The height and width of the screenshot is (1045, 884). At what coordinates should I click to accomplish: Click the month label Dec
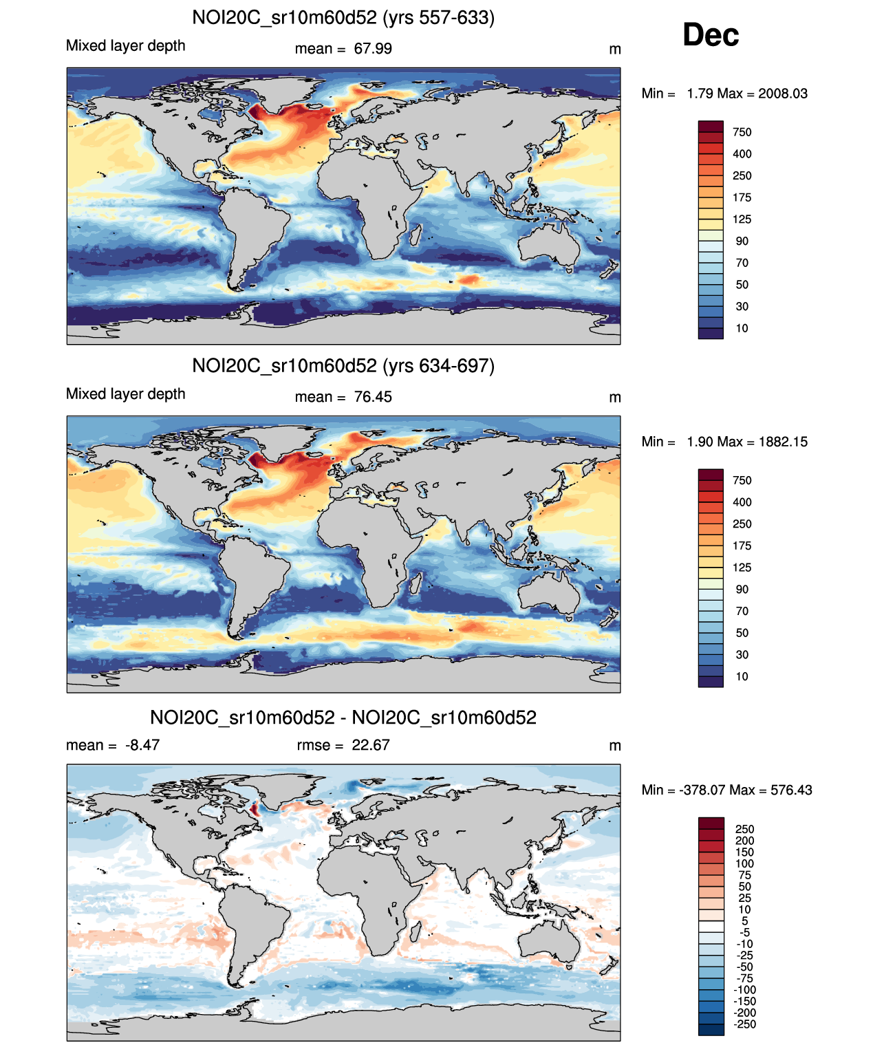click(711, 35)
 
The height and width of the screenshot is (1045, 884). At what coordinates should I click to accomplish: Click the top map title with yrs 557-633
click(343, 17)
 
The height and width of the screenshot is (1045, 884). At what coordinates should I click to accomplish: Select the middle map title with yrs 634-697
click(343, 365)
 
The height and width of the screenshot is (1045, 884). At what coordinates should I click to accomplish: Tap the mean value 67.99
click(373, 49)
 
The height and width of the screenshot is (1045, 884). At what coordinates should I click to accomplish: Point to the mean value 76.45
click(373, 397)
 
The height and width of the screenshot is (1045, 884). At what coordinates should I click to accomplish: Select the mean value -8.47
click(142, 745)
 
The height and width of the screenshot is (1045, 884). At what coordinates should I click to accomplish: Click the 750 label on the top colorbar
click(742, 132)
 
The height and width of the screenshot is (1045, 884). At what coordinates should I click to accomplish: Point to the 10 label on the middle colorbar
click(742, 676)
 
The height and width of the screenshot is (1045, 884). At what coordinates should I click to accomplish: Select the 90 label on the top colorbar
click(742, 241)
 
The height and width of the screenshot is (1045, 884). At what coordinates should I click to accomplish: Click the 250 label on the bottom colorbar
click(744, 829)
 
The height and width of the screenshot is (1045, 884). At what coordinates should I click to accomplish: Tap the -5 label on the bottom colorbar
click(744, 932)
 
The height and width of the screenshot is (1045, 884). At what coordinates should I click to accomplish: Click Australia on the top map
click(548, 244)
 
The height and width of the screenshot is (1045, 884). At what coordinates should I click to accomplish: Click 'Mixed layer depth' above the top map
click(126, 45)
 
